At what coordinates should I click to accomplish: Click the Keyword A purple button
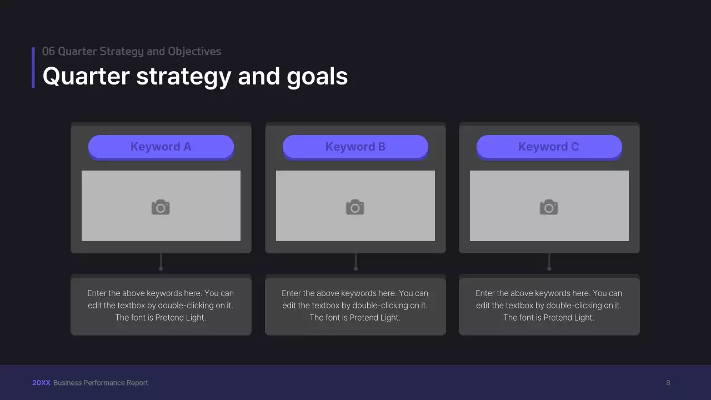coord(161,147)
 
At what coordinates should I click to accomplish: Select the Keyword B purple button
coord(355,147)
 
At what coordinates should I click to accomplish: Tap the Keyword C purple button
coord(549,147)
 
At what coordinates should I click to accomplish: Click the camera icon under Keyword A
coord(161,207)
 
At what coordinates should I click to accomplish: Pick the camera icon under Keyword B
coord(355,207)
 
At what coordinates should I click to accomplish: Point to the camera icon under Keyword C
coord(549,207)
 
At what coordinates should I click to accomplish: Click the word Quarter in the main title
coord(86,76)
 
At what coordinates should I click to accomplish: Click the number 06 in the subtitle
coord(48,52)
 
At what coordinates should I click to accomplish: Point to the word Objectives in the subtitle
coord(194,52)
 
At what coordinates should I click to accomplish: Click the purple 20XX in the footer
coord(41,383)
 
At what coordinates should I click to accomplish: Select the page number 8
coord(668,383)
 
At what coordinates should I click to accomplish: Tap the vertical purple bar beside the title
coord(33,68)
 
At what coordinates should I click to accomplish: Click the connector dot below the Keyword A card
coord(161,268)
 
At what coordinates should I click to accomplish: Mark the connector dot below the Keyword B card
coord(355,268)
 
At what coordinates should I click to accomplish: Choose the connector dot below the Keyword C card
coord(549,268)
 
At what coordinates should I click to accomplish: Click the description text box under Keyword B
coord(355,306)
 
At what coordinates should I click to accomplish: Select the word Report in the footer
coord(138,383)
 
